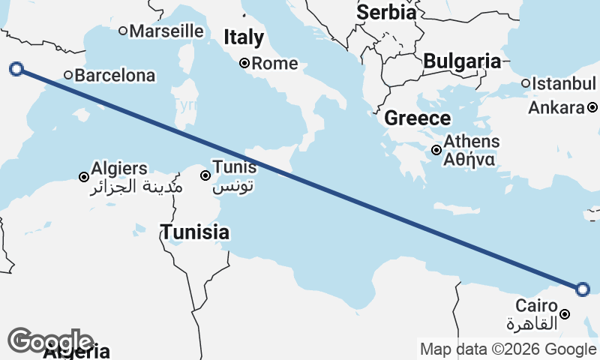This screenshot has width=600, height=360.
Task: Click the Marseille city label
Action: [x=166, y=31]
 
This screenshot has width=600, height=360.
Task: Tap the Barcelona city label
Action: [x=115, y=75]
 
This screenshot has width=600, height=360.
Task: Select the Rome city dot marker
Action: [x=244, y=64]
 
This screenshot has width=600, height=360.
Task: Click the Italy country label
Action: [x=244, y=37]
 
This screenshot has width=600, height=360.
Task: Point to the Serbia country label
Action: [x=386, y=12]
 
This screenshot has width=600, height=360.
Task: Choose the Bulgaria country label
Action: [x=461, y=61]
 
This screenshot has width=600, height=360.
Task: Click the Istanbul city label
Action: [x=563, y=83]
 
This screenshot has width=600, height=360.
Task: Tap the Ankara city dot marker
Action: [x=592, y=108]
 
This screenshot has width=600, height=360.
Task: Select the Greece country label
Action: [x=417, y=118]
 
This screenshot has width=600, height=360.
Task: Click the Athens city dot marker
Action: [x=436, y=150]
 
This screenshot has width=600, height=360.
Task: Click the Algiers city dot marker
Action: [x=84, y=177]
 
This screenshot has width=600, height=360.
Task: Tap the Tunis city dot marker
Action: [x=205, y=175]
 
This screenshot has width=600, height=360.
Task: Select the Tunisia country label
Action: [x=194, y=232]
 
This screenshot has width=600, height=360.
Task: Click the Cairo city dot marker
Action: [x=565, y=314]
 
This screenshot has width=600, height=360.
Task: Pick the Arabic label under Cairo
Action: [x=533, y=324]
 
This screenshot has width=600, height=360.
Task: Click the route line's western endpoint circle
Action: [x=16, y=70]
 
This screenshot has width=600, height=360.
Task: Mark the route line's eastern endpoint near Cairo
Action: [x=583, y=289]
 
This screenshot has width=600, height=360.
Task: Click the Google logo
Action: [x=50, y=341]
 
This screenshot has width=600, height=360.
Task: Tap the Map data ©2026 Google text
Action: [x=508, y=349]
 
